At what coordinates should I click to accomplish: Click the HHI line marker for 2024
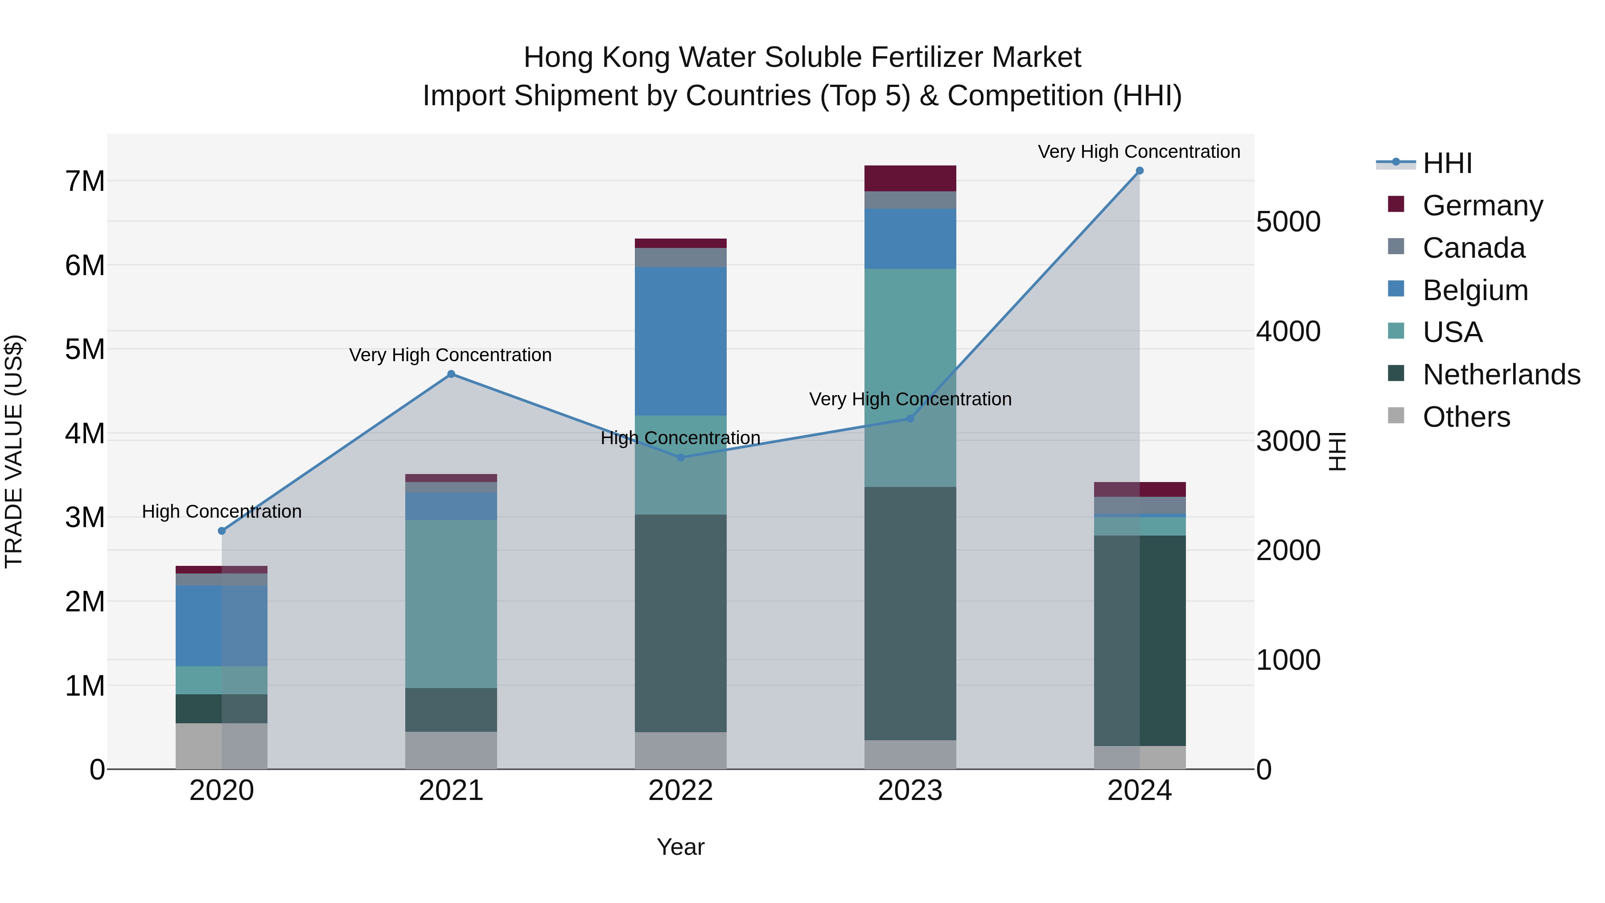pyautogui.click(x=1140, y=171)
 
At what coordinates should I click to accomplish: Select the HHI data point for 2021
pyautogui.click(x=451, y=375)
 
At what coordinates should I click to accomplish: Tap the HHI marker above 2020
pyautogui.click(x=222, y=531)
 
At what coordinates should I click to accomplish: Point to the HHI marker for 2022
pyautogui.click(x=680, y=458)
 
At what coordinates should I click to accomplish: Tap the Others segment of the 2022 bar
pyautogui.click(x=680, y=750)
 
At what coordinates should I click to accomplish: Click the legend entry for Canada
pyautogui.click(x=1473, y=248)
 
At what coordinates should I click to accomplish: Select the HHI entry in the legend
pyautogui.click(x=1447, y=163)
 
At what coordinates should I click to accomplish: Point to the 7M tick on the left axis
pyautogui.click(x=85, y=181)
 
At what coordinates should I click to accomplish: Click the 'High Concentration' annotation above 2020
pyautogui.click(x=222, y=511)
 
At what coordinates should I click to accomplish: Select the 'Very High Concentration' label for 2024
pyautogui.click(x=1139, y=152)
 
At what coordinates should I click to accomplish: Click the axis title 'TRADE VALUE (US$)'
pyautogui.click(x=14, y=451)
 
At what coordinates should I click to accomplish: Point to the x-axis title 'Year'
pyautogui.click(x=680, y=847)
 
